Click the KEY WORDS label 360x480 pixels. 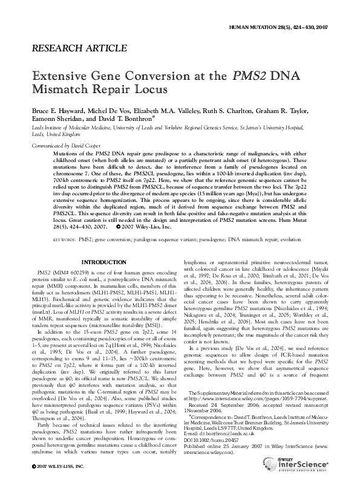point(64,222)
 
